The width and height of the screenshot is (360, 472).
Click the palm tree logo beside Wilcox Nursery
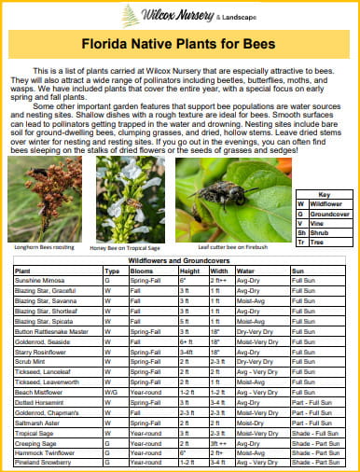tap(131, 15)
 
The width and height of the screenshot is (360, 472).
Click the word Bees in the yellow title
tap(260, 44)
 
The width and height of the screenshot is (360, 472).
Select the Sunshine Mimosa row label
tap(40, 280)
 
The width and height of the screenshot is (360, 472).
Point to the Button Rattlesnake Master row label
tap(51, 330)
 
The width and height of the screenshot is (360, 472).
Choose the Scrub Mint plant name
tap(30, 360)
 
